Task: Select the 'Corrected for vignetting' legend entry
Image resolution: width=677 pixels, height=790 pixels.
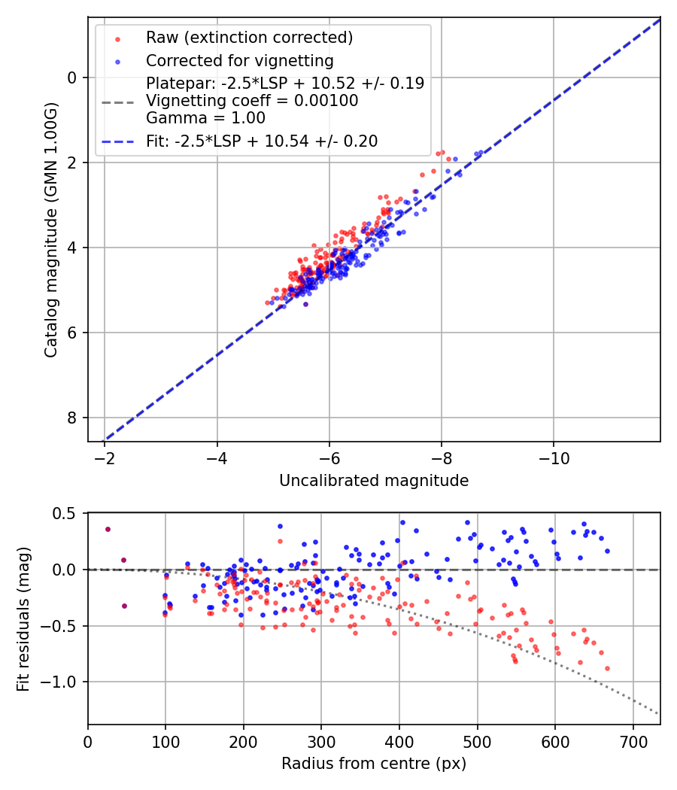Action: pos(239,60)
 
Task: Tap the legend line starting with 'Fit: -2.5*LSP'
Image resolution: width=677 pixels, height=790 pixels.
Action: pos(262,141)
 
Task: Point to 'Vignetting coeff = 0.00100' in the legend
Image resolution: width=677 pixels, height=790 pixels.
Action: pos(252,100)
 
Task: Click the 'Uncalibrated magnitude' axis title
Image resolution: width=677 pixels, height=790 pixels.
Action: pos(374,481)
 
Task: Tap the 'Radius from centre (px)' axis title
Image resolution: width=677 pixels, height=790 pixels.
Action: pos(374,764)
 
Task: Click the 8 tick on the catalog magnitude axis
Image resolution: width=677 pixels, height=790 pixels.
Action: pos(72,418)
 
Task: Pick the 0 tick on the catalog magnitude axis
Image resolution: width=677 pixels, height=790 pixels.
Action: pos(72,77)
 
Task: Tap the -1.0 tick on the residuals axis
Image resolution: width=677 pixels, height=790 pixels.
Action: pos(62,682)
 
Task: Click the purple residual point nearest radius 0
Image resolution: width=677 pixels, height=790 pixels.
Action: pos(108,529)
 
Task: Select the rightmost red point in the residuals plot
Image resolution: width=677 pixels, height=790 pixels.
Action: pos(607,668)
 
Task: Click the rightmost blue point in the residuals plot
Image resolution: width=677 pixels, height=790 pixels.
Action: pos(607,551)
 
